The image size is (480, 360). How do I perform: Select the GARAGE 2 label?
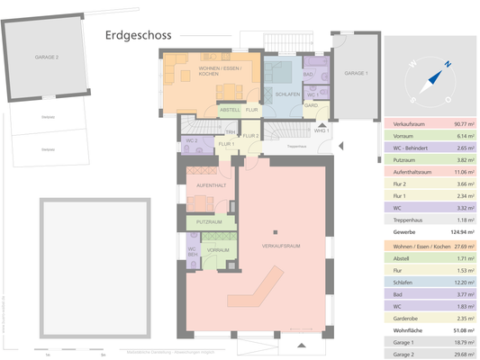click(46, 57)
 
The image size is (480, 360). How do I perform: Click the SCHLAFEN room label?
click(287, 93)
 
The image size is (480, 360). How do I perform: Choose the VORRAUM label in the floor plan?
click(216, 249)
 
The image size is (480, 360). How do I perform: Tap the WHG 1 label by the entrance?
click(322, 131)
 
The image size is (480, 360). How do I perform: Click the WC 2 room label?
click(191, 140)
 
